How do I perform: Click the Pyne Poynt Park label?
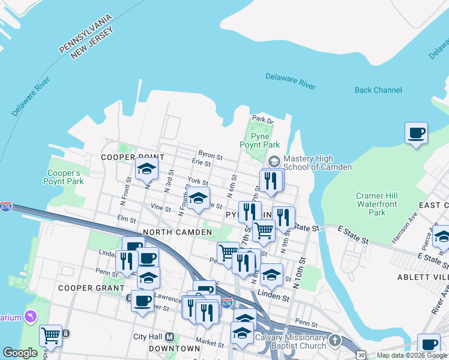tap(260, 140)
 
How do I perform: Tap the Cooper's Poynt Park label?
tap(64, 177)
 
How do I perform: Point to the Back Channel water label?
tap(378, 90)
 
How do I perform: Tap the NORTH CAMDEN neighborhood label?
tap(177, 232)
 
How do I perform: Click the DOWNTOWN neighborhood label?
tap(174, 348)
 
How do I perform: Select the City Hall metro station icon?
tap(169, 337)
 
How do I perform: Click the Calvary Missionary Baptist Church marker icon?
tap(334, 341)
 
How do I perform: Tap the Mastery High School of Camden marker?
tap(274, 161)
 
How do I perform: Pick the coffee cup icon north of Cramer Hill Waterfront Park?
tap(416, 133)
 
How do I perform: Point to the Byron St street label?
tap(210, 155)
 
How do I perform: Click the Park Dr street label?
tap(262, 119)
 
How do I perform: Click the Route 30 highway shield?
tap(361, 355)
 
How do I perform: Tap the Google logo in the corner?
tap(20, 353)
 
